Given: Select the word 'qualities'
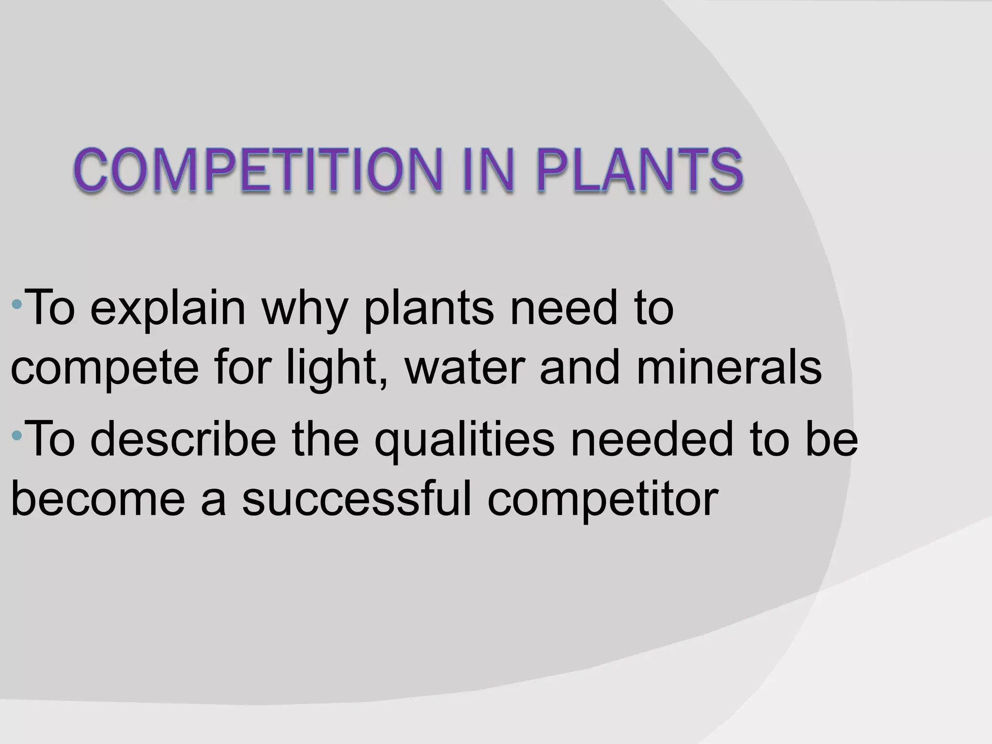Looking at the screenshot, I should coord(465,440).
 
